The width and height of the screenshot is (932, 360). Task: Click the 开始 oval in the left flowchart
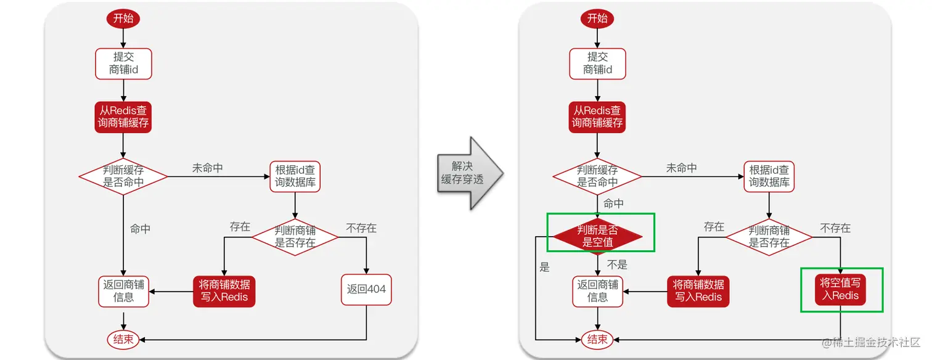pos(123,18)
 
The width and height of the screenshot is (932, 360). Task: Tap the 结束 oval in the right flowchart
pos(597,339)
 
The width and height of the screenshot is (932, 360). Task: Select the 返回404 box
pos(366,289)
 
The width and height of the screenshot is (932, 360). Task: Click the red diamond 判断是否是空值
pos(597,236)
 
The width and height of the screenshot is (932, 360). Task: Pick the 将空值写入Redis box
pos(841,289)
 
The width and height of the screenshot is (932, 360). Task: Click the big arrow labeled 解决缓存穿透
pos(470,173)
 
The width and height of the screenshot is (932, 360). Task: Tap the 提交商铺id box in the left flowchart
pos(123,63)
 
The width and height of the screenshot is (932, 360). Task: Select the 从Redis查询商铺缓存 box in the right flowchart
pos(597,117)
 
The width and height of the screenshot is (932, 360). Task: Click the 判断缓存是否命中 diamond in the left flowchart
pos(123,176)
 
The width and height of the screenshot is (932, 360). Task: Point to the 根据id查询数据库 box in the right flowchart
pos(769,176)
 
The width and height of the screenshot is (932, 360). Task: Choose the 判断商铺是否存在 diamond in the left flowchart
pos(295,237)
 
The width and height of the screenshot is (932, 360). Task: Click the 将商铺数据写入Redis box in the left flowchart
pos(224,291)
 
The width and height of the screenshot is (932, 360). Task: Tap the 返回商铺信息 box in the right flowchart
pos(597,291)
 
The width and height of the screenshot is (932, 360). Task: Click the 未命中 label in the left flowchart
pos(208,168)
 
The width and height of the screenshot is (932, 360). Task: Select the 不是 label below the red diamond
pos(617,264)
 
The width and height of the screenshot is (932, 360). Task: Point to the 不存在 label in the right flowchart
pos(835,228)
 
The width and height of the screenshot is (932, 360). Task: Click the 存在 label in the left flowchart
pos(240,227)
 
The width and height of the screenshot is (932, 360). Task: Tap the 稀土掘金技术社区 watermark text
pos(869,342)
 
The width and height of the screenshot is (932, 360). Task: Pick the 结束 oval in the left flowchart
pos(123,339)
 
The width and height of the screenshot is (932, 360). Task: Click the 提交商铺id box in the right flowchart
pos(597,63)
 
